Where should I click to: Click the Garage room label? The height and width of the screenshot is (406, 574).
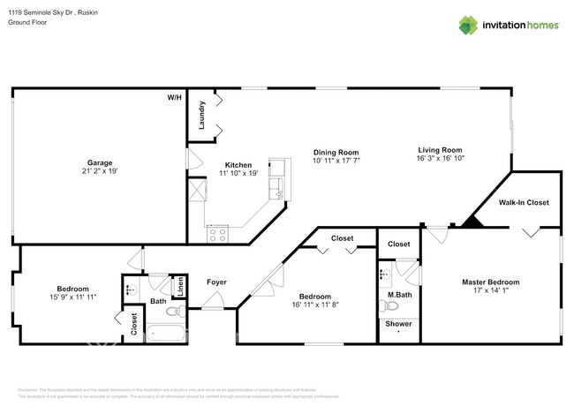point(99,162)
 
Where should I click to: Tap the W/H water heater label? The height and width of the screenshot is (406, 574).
point(174,97)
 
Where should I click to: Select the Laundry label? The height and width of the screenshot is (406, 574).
point(202,116)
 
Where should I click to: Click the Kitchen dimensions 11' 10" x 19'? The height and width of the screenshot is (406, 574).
point(238,174)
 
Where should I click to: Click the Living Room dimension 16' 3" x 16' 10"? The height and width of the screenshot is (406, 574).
point(439,160)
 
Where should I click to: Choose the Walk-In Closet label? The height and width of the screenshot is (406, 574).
point(524,202)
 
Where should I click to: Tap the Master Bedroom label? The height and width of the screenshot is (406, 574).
point(490,282)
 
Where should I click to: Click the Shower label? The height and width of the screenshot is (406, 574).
point(398,324)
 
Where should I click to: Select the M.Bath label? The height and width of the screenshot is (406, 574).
point(400,294)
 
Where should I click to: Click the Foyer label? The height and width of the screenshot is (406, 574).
point(216,282)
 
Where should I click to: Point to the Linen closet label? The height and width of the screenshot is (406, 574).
point(179,286)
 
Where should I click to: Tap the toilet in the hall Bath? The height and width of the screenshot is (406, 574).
point(174,311)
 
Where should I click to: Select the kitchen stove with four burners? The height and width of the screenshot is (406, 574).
point(217,235)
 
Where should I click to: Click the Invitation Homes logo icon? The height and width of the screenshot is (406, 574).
point(467,25)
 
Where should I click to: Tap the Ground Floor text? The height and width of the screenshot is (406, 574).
point(29,22)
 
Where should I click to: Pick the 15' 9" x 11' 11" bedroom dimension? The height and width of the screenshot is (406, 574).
point(72,297)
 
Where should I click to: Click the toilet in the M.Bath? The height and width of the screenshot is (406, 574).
point(388,306)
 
